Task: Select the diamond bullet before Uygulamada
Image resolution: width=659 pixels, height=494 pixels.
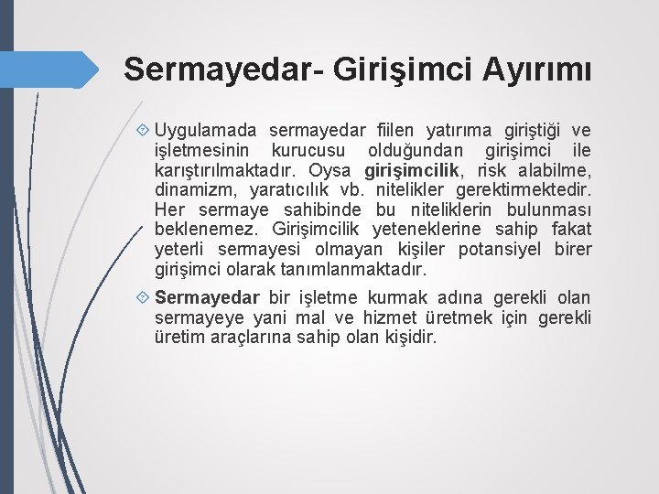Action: click(144, 131)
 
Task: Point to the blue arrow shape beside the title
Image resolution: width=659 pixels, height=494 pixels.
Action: click(55, 70)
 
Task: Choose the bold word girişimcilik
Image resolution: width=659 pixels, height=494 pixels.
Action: click(412, 170)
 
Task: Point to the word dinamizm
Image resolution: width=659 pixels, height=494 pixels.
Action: click(193, 190)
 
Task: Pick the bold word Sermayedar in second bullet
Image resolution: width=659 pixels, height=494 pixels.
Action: click(208, 298)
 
